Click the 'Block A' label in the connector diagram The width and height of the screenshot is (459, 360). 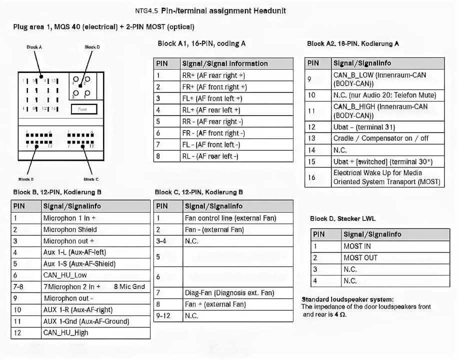(x=34, y=47)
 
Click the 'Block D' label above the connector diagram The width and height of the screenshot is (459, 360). (x=92, y=47)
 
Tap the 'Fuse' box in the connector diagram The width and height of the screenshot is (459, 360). (x=82, y=108)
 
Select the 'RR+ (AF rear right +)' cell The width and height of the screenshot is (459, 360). (x=213, y=75)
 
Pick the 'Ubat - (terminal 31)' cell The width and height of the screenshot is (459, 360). (x=357, y=127)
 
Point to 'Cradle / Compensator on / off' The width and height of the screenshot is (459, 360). (x=381, y=138)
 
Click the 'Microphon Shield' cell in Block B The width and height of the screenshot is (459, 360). (x=70, y=229)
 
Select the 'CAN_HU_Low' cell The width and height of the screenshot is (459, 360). (x=65, y=275)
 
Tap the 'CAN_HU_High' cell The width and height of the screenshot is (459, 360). (x=65, y=332)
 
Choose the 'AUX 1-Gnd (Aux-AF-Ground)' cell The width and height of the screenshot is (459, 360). (x=86, y=321)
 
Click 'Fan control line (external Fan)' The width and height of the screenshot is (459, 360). (x=230, y=218)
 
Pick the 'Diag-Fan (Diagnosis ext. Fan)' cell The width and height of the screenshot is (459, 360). (x=229, y=293)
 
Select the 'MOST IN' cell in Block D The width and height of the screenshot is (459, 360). (x=357, y=246)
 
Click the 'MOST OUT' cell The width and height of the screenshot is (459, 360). (x=360, y=257)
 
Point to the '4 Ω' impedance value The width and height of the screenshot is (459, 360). (x=340, y=314)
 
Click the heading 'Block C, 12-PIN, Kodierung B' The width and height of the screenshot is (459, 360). (x=199, y=192)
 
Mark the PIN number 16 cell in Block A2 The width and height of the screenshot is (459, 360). (x=311, y=177)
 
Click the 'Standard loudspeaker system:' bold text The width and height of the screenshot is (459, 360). (x=347, y=299)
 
